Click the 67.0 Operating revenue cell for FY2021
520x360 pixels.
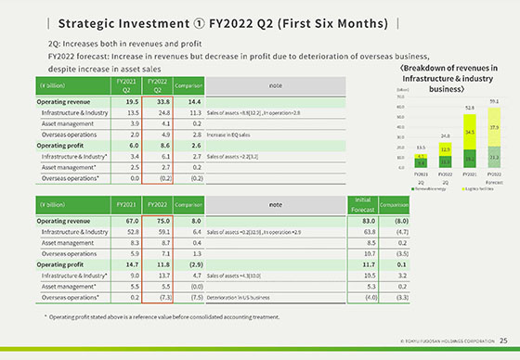(126, 221)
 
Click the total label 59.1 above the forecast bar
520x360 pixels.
(493, 101)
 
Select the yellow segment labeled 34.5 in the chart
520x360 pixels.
(469, 133)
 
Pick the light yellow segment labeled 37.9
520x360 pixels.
(494, 127)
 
